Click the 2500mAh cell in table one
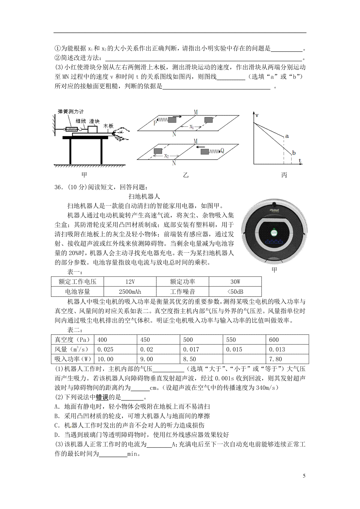point(130,292)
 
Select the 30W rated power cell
point(235,282)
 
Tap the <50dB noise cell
point(235,292)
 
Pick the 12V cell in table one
point(130,282)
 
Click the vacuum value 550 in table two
point(231,340)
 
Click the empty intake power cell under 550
point(244,359)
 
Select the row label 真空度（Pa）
point(72,340)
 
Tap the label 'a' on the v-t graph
point(287,136)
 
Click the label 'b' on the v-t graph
point(294,153)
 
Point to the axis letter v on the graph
point(257,115)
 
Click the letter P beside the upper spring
point(155,123)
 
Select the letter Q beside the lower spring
point(222,150)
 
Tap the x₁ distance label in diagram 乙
point(191,127)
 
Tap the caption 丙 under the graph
point(284,175)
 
